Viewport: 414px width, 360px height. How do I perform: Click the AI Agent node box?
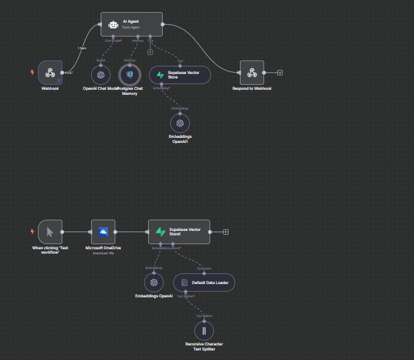coord(132,25)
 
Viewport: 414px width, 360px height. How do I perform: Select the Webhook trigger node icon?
coord(50,73)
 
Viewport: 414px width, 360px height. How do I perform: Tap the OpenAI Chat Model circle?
coord(101,75)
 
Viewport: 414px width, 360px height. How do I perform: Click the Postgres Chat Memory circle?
coord(130,75)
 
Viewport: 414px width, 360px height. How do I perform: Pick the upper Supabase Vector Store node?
coord(180,75)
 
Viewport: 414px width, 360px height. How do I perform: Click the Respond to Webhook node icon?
coord(252,72)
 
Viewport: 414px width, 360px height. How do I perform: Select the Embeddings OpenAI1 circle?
coord(180,123)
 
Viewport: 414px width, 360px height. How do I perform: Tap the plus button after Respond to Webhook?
coord(280,72)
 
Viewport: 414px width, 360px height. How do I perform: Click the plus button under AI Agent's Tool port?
coord(150,52)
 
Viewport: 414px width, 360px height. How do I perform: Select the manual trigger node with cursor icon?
coord(50,232)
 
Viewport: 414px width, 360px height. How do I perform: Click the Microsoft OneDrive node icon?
coord(103,232)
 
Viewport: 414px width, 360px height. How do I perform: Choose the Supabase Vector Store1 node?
coord(180,232)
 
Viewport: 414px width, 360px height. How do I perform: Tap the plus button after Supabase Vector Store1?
coord(226,232)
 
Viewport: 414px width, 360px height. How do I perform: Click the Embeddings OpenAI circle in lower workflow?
coord(154,282)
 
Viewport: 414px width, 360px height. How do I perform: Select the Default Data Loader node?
coord(204,282)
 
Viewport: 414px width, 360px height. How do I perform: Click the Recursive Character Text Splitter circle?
coord(204,330)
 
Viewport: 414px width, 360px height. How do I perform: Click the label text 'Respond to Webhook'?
coord(252,89)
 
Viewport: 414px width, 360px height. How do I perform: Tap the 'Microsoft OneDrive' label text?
coord(103,247)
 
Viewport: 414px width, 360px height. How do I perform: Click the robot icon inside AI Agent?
coord(113,25)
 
